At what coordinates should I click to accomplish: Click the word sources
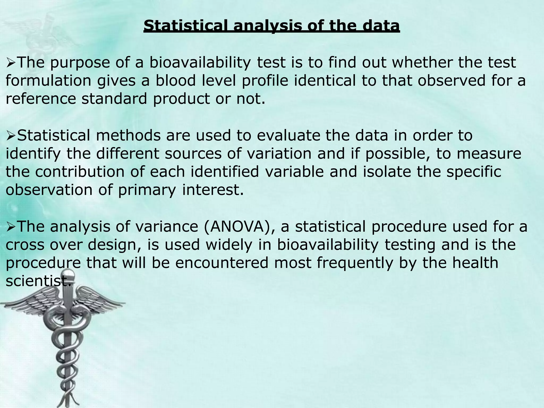[193, 154]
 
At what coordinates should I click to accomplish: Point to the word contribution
[80, 172]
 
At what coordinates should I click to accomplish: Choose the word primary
[147, 190]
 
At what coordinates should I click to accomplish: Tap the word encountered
[222, 263]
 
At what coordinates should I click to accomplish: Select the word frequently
[355, 263]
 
